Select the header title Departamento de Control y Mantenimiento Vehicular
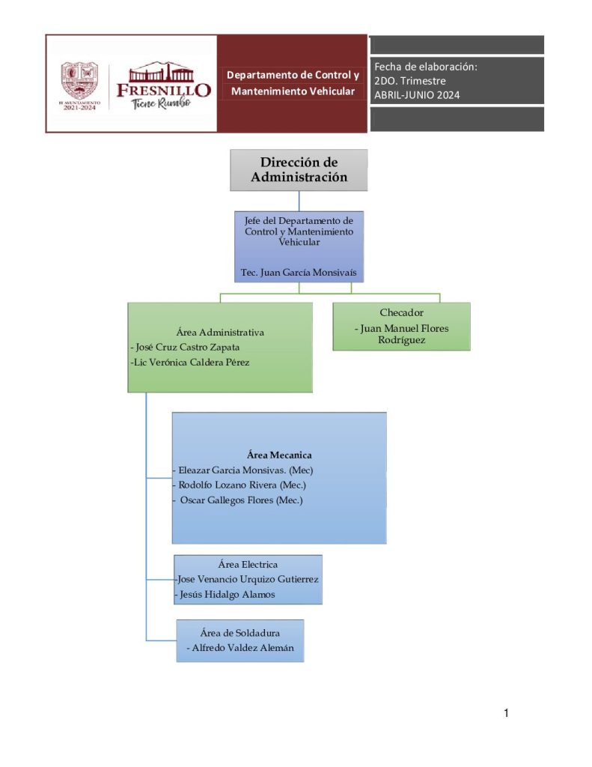(x=293, y=83)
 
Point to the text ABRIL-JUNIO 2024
(x=417, y=95)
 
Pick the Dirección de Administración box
(x=299, y=170)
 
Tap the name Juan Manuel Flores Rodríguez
(x=402, y=334)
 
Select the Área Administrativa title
(x=220, y=332)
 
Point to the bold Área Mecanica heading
(x=278, y=455)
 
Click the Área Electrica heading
(x=248, y=564)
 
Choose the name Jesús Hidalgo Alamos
(x=227, y=595)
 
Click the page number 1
(x=506, y=713)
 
